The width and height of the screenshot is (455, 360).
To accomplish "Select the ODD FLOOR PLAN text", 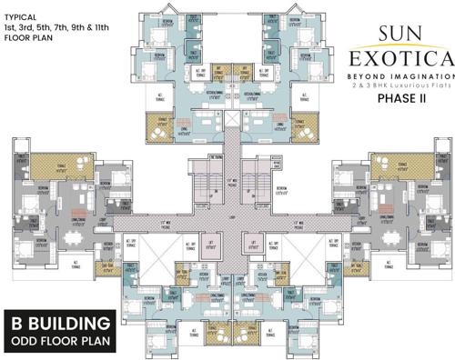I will (60, 342).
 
